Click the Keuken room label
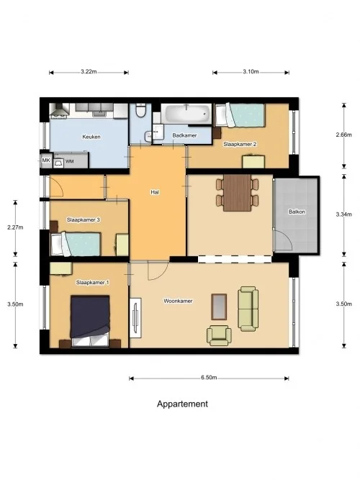tap(91, 136)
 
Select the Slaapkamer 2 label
tap(240, 144)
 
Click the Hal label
tap(155, 192)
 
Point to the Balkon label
tap(296, 212)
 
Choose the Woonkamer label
tap(176, 300)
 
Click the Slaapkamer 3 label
tap(83, 219)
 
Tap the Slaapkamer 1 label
tap(92, 283)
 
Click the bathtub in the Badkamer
tap(186, 114)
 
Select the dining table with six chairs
tap(236, 192)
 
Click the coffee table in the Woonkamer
tap(219, 307)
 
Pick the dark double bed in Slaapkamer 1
tap(89, 319)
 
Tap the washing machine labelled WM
tap(70, 161)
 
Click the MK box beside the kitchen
tap(45, 160)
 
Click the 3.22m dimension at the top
tap(89, 72)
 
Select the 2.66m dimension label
tap(344, 135)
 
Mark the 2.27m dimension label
tap(15, 227)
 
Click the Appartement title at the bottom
tap(182, 404)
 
